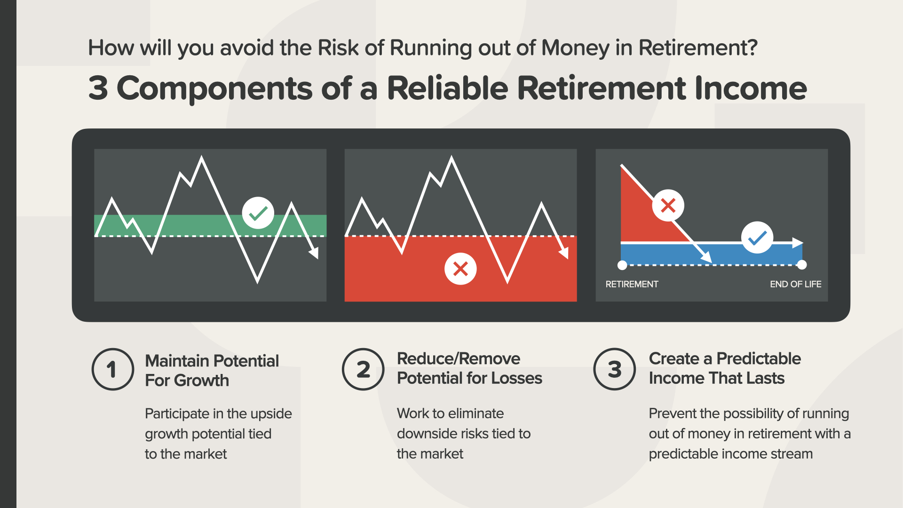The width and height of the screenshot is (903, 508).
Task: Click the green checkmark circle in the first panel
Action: (x=258, y=213)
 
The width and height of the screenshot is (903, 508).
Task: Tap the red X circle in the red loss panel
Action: (x=460, y=269)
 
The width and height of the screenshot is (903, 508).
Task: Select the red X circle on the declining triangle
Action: (x=668, y=206)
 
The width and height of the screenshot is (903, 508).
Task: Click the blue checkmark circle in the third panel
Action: (x=757, y=238)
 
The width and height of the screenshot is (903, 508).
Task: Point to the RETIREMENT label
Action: (x=632, y=284)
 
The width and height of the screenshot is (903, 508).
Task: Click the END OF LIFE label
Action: (x=795, y=284)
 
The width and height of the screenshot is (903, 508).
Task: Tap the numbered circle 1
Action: (x=112, y=369)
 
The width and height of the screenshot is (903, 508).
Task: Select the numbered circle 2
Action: (x=363, y=369)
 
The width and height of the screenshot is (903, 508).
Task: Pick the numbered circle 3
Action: (x=615, y=369)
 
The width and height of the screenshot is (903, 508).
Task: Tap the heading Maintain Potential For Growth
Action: (x=212, y=371)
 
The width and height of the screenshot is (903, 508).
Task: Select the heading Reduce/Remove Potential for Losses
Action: (x=469, y=368)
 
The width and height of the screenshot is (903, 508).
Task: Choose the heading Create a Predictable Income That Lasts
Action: (x=725, y=368)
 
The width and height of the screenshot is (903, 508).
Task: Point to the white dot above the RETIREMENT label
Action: (x=622, y=265)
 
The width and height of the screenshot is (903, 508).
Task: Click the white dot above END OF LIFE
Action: (x=802, y=265)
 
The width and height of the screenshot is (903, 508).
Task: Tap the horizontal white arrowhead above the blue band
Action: (x=798, y=243)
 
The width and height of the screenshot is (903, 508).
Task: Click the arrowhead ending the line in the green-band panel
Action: (x=314, y=253)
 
